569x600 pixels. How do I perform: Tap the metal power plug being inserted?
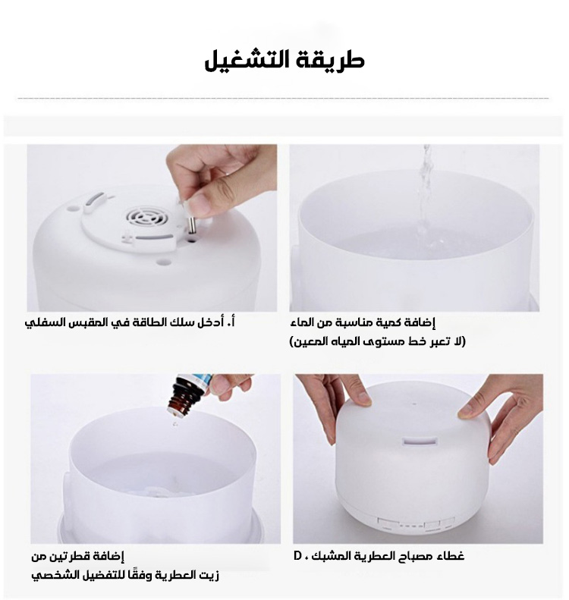point(192,225)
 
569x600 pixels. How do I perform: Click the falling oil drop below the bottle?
point(175,424)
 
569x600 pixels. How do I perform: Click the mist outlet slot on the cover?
point(420,441)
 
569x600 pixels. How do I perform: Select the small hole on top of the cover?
point(414,403)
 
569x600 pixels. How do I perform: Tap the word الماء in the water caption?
point(301,322)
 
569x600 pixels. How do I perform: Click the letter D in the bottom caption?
point(297,555)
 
